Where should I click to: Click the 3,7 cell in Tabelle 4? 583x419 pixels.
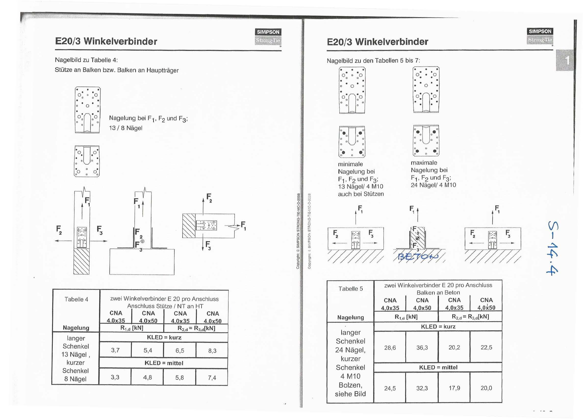[x=115, y=350]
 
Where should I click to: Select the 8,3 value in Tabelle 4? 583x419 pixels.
[x=212, y=351]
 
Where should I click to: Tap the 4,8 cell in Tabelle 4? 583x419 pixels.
[x=148, y=377]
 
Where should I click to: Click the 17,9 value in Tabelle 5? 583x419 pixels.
[x=454, y=388]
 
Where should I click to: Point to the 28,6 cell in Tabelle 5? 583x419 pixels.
[x=390, y=348]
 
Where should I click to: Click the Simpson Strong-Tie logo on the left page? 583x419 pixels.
[x=268, y=37]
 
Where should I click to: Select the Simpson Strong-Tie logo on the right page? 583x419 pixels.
[x=540, y=36]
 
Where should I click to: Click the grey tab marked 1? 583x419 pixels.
[x=565, y=60]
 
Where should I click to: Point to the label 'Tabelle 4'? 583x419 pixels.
[x=76, y=299]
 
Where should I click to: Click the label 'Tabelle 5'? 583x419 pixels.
[x=351, y=288]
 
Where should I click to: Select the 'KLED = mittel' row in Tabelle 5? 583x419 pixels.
[x=438, y=367]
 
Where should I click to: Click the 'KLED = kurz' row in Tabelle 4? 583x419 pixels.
[x=164, y=337]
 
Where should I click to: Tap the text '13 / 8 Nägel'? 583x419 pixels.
[x=126, y=128]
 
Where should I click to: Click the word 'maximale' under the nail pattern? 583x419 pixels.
[x=424, y=163]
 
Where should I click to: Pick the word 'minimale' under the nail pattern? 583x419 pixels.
[x=350, y=164]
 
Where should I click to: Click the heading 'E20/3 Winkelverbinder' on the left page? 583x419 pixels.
[x=106, y=41]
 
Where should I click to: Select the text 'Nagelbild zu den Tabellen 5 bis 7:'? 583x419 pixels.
[x=373, y=60]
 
